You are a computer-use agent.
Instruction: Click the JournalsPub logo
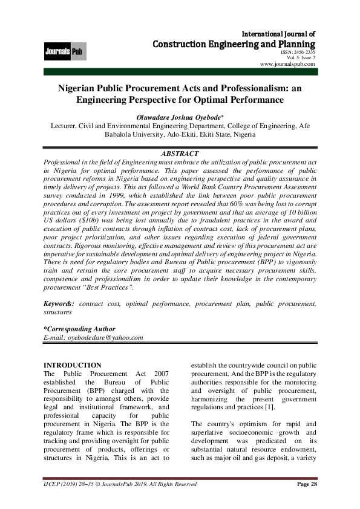pyautogui.click(x=65, y=52)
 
